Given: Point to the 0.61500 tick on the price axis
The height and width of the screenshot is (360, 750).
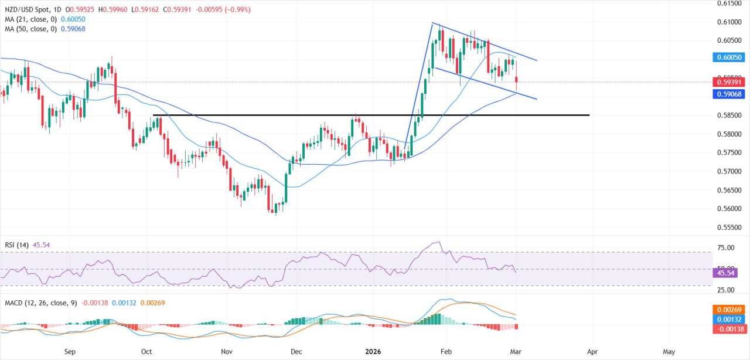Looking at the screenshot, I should coord(730,4).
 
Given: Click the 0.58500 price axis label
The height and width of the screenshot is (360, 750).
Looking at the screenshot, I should coord(730,115).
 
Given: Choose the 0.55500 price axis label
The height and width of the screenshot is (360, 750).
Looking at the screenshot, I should coord(730,227).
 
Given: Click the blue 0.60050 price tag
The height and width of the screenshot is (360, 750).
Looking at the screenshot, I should coord(730,57).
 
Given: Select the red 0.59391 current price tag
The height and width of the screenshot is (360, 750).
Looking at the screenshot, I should coord(730,82).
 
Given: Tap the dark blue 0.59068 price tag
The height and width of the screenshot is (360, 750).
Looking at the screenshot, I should coord(730,94).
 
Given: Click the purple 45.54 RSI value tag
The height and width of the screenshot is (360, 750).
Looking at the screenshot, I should coord(727,273).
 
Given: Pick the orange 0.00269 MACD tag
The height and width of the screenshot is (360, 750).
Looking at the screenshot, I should coord(730,309).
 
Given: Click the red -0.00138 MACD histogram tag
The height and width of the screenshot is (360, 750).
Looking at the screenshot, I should coord(730,330).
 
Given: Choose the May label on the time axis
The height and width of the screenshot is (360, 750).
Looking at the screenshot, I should coord(669,352).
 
